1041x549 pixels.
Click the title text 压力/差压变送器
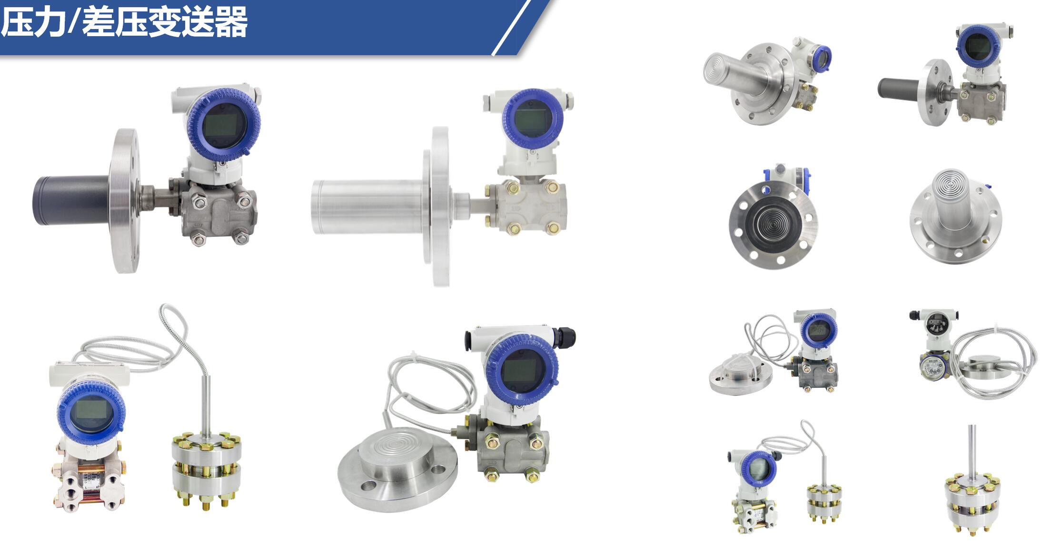pyautogui.click(x=124, y=22)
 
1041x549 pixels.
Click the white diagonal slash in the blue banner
pyautogui.click(x=511, y=28)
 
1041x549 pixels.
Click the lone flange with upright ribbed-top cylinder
pyautogui.click(x=955, y=216)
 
